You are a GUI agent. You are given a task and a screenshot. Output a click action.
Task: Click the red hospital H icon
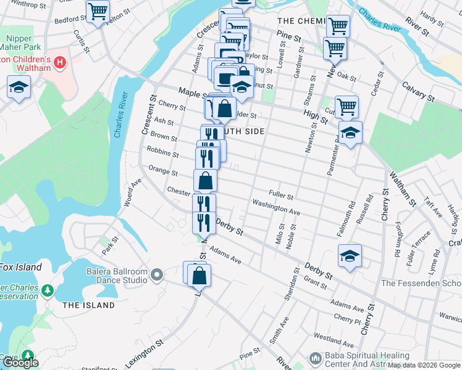coord(60,62)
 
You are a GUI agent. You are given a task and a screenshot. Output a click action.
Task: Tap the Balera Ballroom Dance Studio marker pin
coord(157,274)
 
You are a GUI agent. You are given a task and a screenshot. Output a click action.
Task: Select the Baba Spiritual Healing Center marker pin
coord(315,358)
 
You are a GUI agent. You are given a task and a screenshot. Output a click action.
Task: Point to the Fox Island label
coord(21,267)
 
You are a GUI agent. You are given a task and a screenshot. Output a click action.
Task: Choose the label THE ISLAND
coord(88,305)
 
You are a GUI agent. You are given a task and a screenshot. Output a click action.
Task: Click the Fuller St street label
coord(280,195)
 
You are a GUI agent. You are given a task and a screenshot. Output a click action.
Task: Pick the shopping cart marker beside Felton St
coord(98,12)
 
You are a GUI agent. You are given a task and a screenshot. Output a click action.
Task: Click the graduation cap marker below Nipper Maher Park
coord(19,88)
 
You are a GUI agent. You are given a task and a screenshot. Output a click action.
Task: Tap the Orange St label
coord(162,171)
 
